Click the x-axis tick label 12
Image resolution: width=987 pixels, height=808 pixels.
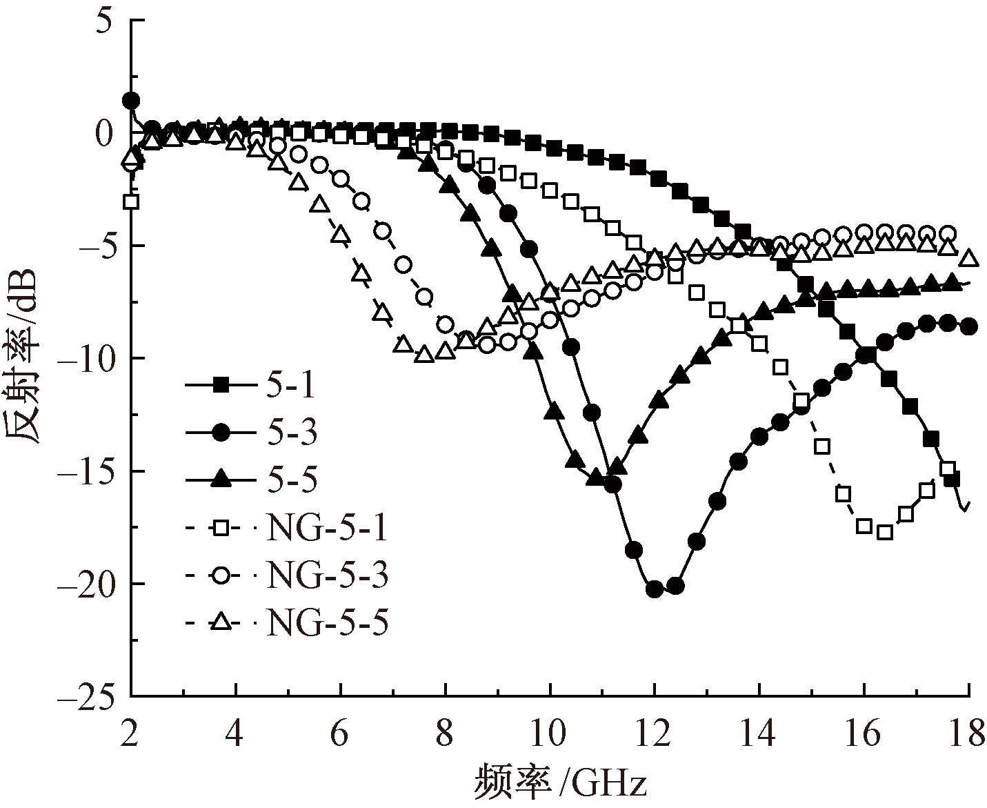tap(654, 735)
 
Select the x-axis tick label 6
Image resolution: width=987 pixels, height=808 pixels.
tap(340, 735)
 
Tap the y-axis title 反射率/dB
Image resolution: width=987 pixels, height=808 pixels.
tap(24, 359)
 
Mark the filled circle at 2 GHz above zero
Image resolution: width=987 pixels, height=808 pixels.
tap(131, 101)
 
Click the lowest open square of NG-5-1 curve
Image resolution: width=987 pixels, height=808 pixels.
tap(885, 531)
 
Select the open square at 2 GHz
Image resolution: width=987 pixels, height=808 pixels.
tap(131, 201)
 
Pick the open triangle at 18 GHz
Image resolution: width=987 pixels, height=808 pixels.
tap(969, 258)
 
